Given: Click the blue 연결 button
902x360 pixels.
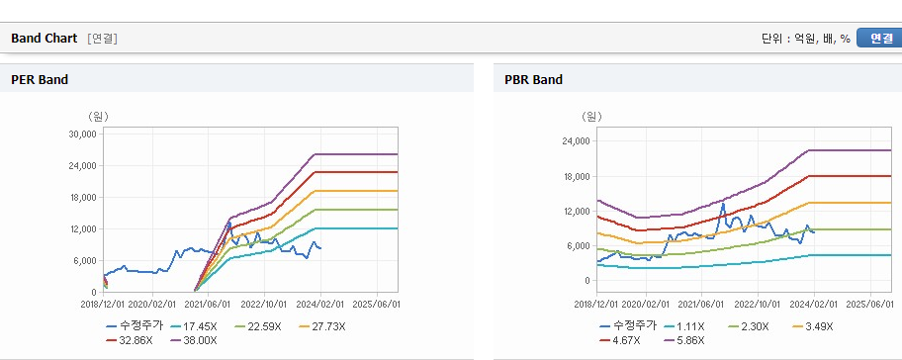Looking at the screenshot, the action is pyautogui.click(x=879, y=39).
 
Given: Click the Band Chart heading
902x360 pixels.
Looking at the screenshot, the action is pyautogui.click(x=44, y=39).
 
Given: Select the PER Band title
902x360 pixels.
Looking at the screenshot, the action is pyautogui.click(x=40, y=80).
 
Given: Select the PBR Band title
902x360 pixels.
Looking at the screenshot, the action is pyautogui.click(x=533, y=80).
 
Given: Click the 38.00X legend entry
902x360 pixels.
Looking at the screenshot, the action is pyautogui.click(x=195, y=340).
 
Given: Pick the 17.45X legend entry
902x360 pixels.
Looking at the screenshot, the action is pyautogui.click(x=195, y=326).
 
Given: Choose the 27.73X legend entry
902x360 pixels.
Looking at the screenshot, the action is pyautogui.click(x=322, y=326).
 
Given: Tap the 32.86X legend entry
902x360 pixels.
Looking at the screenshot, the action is pyautogui.click(x=130, y=340).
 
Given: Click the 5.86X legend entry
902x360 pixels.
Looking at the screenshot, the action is pyautogui.click(x=684, y=340).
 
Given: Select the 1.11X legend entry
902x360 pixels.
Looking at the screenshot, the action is pyautogui.click(x=684, y=326).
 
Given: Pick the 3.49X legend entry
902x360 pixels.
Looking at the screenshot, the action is pyautogui.click(x=813, y=326).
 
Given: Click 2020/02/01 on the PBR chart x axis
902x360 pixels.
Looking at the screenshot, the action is pyautogui.click(x=646, y=303).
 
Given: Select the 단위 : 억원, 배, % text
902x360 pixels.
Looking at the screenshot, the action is pyautogui.click(x=806, y=39).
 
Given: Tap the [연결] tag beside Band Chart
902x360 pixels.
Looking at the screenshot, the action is pyautogui.click(x=103, y=39).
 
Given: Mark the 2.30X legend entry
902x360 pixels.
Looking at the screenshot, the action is pyautogui.click(x=749, y=326).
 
